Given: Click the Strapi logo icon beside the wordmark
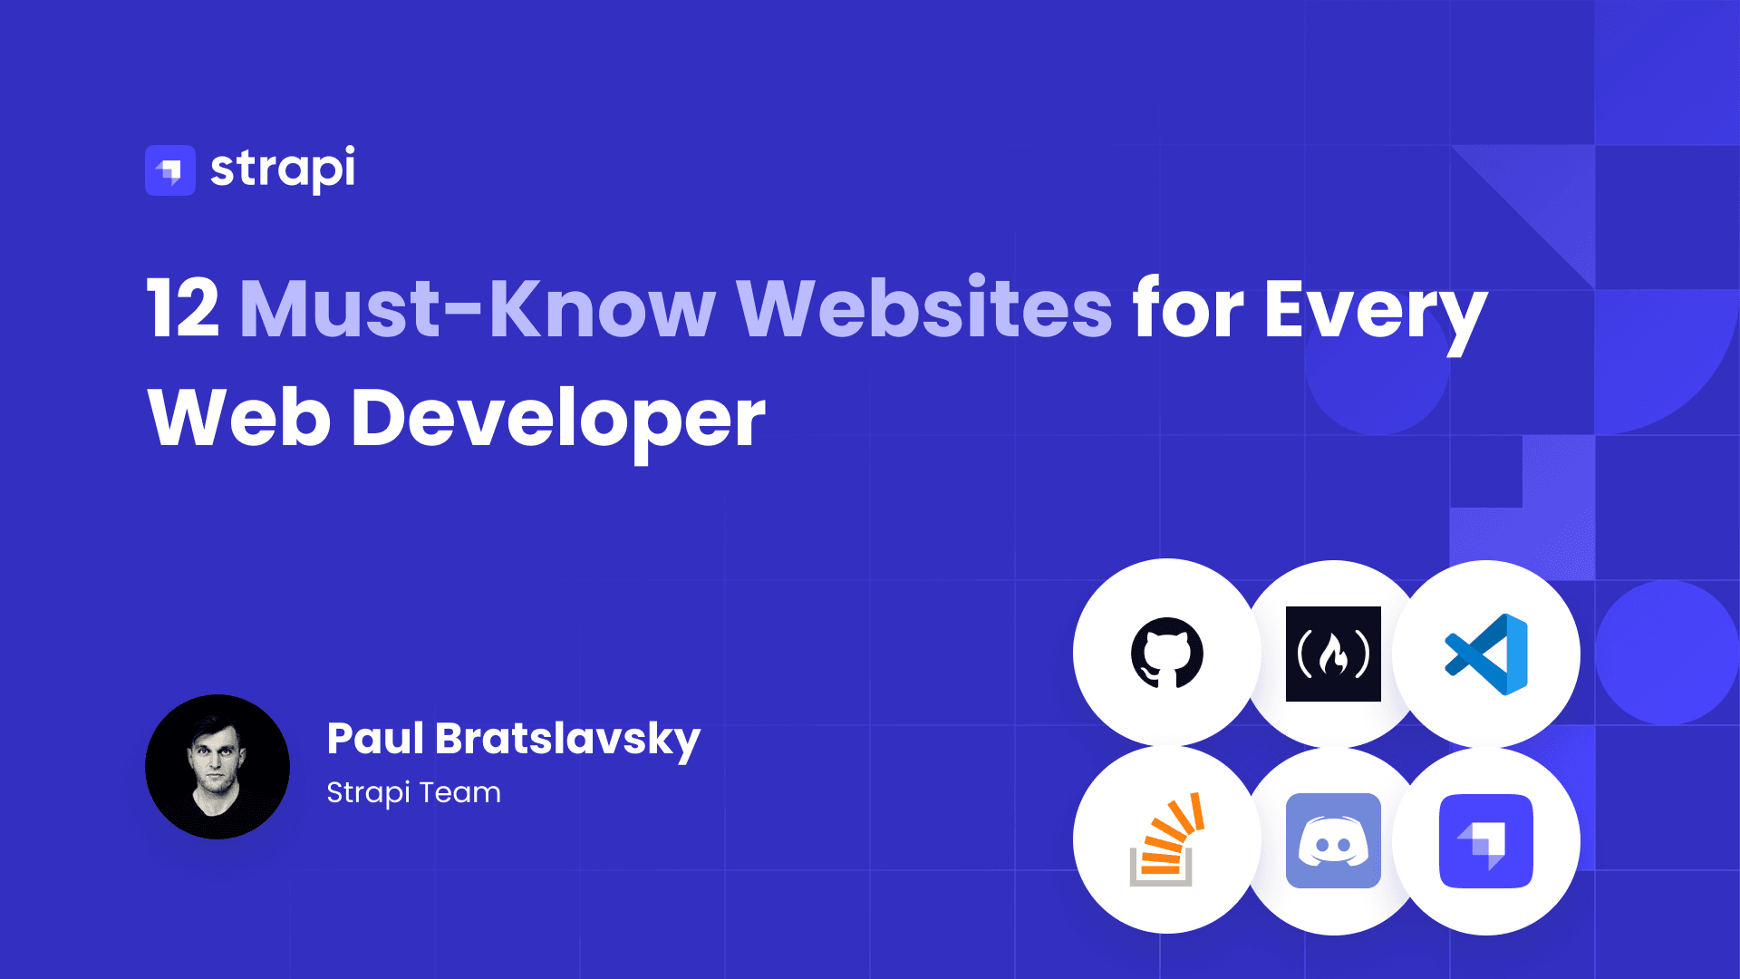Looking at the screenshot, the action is click(170, 170).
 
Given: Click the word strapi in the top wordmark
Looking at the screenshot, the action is click(283, 169).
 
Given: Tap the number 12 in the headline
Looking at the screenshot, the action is click(183, 309).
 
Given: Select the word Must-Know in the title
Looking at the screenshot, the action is click(478, 309).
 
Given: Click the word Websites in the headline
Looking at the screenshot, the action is click(924, 308).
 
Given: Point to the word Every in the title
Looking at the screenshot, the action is click(1376, 314).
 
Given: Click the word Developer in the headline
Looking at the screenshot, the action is click(558, 422).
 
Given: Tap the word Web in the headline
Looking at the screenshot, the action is click(239, 418).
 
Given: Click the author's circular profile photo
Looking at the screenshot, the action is click(217, 767).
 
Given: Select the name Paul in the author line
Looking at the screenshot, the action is click(375, 738).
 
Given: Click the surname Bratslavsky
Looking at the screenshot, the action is click(568, 742).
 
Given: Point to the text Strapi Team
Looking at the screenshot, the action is click(413, 793).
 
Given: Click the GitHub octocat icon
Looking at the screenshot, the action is click(1167, 653).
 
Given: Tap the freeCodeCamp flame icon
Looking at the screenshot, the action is click(1333, 654).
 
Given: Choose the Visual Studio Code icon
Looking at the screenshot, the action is click(1486, 654).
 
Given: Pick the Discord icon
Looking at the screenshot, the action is click(1333, 840).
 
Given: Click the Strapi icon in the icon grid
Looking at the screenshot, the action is click(1486, 841).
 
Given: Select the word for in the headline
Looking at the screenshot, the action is click(1188, 308).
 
